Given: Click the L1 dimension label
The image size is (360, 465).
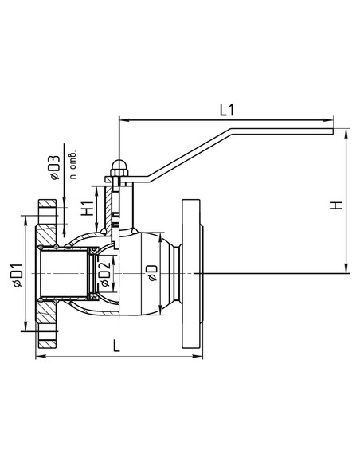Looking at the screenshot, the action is pyautogui.click(x=227, y=110).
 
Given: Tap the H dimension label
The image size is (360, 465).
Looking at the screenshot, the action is pyautogui.click(x=336, y=205).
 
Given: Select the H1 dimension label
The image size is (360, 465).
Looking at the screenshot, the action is pyautogui.click(x=87, y=209).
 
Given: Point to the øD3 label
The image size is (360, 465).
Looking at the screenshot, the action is pyautogui.click(x=55, y=168).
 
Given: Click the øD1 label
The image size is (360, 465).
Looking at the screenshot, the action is pyautogui.click(x=18, y=275).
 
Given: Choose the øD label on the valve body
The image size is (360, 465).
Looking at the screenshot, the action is pyautogui.click(x=152, y=272).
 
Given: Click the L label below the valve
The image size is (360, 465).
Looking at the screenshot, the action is pyautogui.click(x=116, y=346).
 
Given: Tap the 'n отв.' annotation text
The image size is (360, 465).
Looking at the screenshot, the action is pyautogui.click(x=73, y=164).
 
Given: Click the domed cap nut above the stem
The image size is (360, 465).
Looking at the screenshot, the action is pyautogui.click(x=119, y=165).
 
